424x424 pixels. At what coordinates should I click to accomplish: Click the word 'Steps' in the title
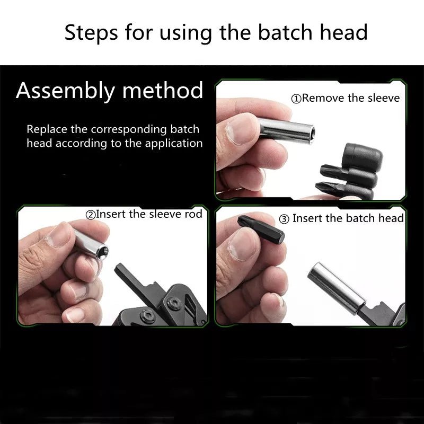click(91, 33)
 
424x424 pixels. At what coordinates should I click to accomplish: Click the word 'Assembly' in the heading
click(65, 91)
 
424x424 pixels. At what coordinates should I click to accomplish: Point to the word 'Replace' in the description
click(47, 129)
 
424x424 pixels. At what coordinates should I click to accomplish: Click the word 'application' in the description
click(174, 143)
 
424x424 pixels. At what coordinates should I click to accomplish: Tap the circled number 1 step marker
click(296, 99)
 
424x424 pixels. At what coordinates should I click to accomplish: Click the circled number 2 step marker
click(91, 215)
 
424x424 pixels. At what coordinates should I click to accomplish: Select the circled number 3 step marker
click(284, 219)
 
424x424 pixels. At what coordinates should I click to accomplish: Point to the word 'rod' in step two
click(193, 214)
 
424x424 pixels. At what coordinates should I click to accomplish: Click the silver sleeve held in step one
click(285, 131)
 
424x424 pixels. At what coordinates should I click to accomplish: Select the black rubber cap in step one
click(363, 155)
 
